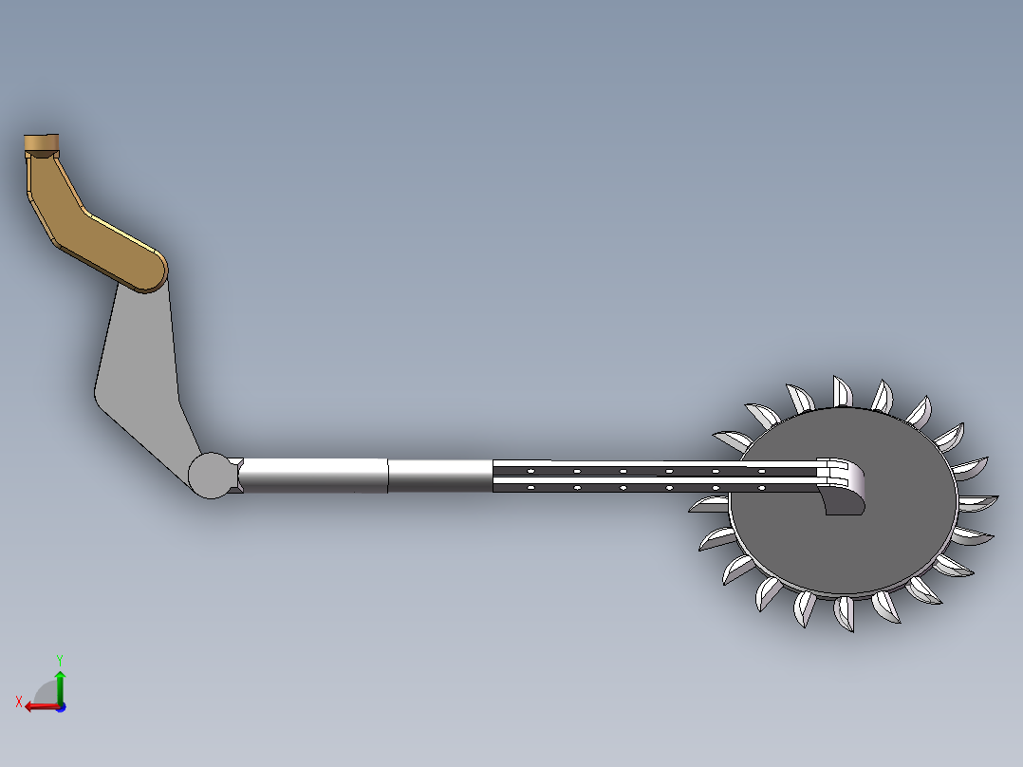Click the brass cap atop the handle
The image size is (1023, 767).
tap(40, 143)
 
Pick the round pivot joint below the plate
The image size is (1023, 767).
tap(213, 475)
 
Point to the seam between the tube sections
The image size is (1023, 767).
tap(389, 476)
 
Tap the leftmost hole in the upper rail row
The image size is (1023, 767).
tap(531, 471)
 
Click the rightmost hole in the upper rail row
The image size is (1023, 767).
tap(761, 471)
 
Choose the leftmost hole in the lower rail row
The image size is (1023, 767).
tap(531, 487)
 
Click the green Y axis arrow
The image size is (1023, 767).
tap(59, 683)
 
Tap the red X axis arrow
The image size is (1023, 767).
tap(38, 705)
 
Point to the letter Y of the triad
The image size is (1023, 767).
tap(59, 659)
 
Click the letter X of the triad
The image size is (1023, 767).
tap(18, 702)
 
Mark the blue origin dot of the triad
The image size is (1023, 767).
tap(60, 706)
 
